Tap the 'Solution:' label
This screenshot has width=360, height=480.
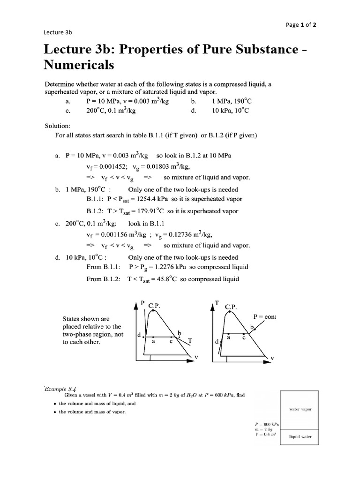pos(58,126)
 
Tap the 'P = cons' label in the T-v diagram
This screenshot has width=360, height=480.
pos(264,316)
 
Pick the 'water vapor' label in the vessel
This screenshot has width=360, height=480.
pos(300,409)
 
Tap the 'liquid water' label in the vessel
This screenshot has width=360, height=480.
pos(300,436)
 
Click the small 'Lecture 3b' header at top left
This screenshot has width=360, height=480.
pos(58,32)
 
